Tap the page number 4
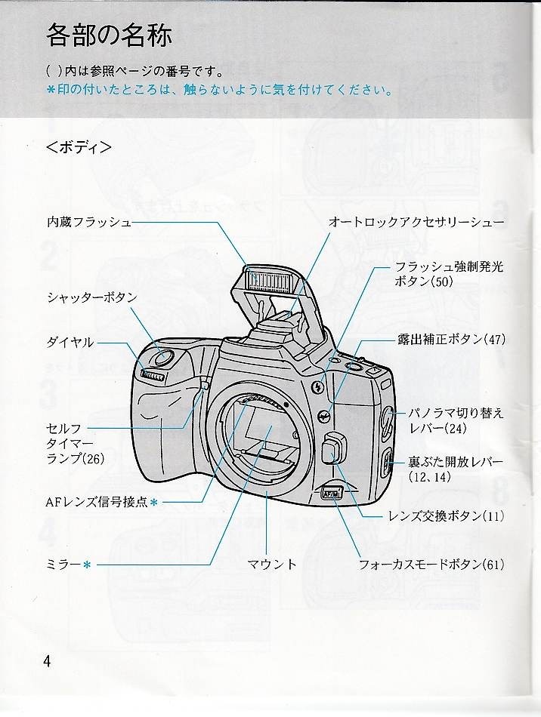click(48, 661)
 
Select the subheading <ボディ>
click(79, 146)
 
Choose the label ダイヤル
click(70, 342)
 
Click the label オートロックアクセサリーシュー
click(416, 222)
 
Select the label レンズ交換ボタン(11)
click(446, 516)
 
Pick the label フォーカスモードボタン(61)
click(431, 563)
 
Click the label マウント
click(272, 563)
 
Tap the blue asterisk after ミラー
click(87, 564)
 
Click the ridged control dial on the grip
click(153, 375)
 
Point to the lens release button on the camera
click(329, 451)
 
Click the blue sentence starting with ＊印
click(219, 91)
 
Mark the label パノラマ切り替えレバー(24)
click(456, 420)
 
